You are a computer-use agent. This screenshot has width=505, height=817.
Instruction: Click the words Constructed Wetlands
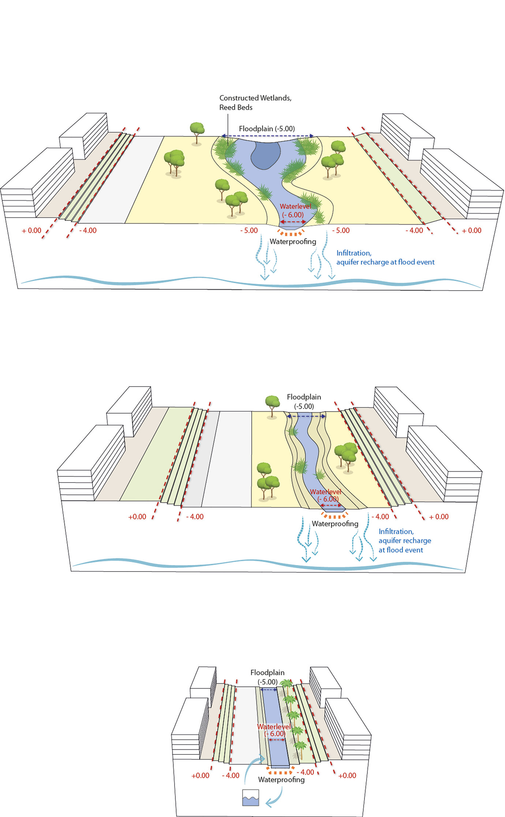click(255, 98)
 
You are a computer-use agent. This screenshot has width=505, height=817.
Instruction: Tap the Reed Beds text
click(236, 108)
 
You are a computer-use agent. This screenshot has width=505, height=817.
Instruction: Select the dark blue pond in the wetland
click(265, 155)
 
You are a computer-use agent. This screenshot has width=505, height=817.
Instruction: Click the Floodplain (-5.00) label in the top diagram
click(267, 129)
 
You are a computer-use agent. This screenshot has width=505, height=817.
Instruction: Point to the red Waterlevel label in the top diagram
click(295, 206)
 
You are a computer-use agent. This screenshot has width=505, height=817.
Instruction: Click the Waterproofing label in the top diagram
click(293, 241)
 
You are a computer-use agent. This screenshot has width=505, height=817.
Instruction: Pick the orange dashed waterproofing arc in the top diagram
click(291, 233)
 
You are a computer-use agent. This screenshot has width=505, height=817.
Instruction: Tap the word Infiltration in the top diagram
click(353, 253)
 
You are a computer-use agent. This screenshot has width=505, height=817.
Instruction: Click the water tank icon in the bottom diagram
click(251, 798)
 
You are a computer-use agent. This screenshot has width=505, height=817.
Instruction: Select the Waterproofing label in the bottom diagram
click(281, 780)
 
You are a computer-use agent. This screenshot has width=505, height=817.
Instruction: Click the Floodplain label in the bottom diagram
click(267, 673)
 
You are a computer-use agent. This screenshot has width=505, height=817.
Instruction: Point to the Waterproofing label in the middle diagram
click(335, 524)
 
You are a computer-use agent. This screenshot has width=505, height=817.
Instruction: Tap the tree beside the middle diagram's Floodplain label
click(272, 405)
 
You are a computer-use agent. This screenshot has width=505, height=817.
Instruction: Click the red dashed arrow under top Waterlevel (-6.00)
click(293, 222)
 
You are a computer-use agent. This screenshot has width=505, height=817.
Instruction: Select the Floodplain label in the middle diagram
click(304, 397)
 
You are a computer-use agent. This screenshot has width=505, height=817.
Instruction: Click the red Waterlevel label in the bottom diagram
click(274, 727)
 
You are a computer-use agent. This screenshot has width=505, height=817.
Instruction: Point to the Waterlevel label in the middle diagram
click(325, 492)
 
